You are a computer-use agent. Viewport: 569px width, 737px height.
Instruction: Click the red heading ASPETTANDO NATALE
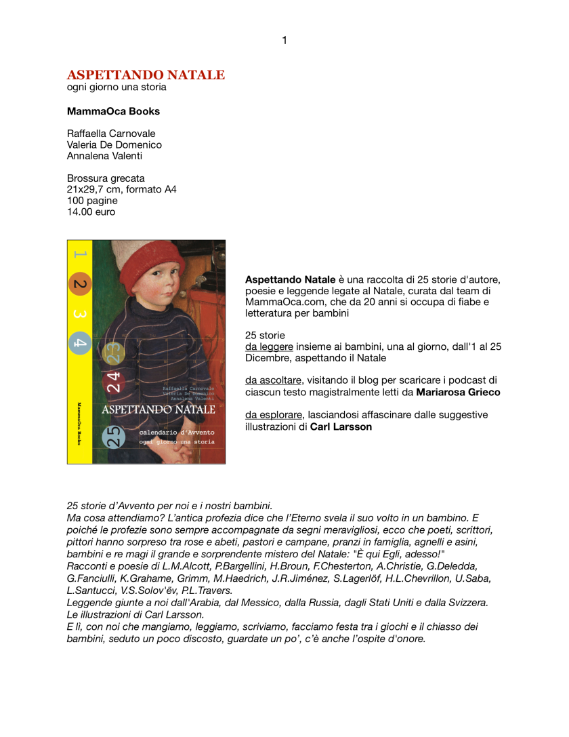tap(146, 75)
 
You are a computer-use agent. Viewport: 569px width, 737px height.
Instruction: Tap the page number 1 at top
tap(284, 40)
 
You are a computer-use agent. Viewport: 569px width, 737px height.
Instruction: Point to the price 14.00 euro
tap(91, 212)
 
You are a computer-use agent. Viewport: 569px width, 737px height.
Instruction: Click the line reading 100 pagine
tap(92, 201)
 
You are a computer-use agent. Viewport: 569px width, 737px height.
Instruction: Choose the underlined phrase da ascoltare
tap(273, 380)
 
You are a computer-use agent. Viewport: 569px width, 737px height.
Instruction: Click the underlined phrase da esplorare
tap(273, 415)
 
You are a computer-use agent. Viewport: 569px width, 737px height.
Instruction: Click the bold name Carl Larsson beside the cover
tap(341, 426)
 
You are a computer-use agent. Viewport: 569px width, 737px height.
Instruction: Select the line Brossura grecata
tap(106, 178)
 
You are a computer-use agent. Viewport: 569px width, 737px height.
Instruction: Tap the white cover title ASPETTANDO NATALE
tap(158, 410)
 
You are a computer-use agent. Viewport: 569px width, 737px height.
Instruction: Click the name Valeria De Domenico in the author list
tap(114, 144)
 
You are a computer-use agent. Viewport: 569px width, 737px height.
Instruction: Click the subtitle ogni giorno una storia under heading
tap(117, 87)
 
